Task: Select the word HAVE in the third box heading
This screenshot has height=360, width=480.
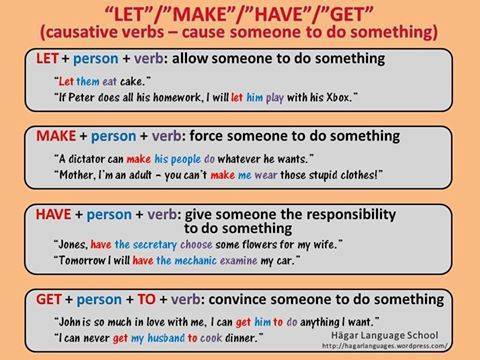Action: tap(43, 213)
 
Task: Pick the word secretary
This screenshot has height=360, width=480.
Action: tap(163, 244)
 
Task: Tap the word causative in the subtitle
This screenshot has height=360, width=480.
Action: tap(86, 32)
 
